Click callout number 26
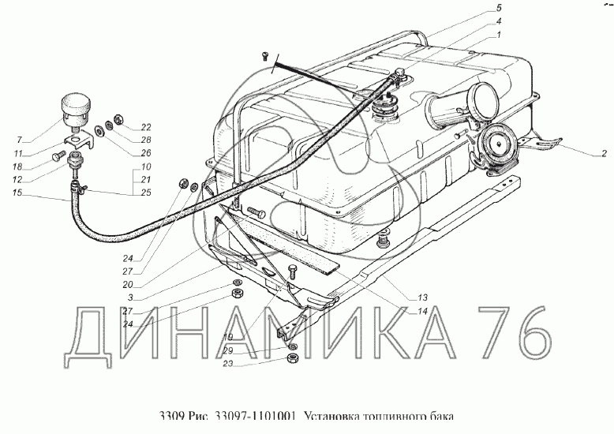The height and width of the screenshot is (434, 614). (x=146, y=153)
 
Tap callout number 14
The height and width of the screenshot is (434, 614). (x=422, y=311)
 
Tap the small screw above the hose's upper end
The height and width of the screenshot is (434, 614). (x=264, y=54)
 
